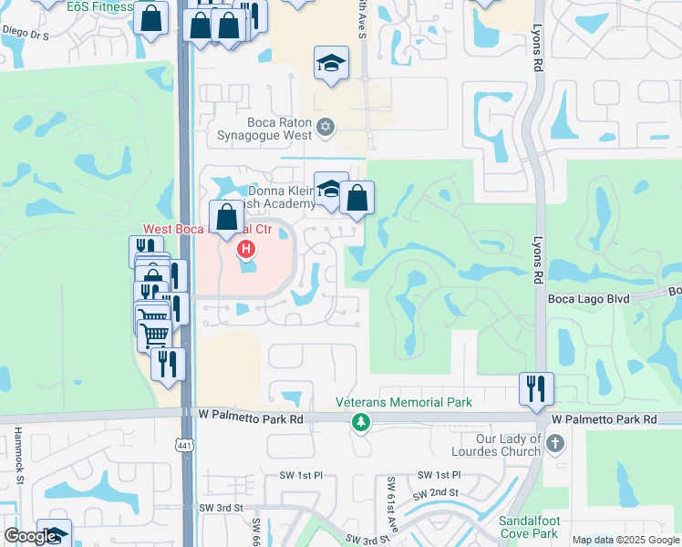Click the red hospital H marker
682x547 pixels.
point(244,248)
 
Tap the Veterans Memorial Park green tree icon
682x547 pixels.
point(362,422)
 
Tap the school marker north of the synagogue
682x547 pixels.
point(331,63)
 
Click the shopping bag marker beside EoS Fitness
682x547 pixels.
point(150,16)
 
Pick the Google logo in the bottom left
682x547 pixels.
point(31,536)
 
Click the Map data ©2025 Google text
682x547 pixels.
point(625,540)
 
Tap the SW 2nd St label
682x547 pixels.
point(433,493)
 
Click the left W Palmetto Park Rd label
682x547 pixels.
point(250,418)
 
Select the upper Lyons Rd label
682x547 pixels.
point(538,55)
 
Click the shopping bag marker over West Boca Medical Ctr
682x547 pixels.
point(227,217)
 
